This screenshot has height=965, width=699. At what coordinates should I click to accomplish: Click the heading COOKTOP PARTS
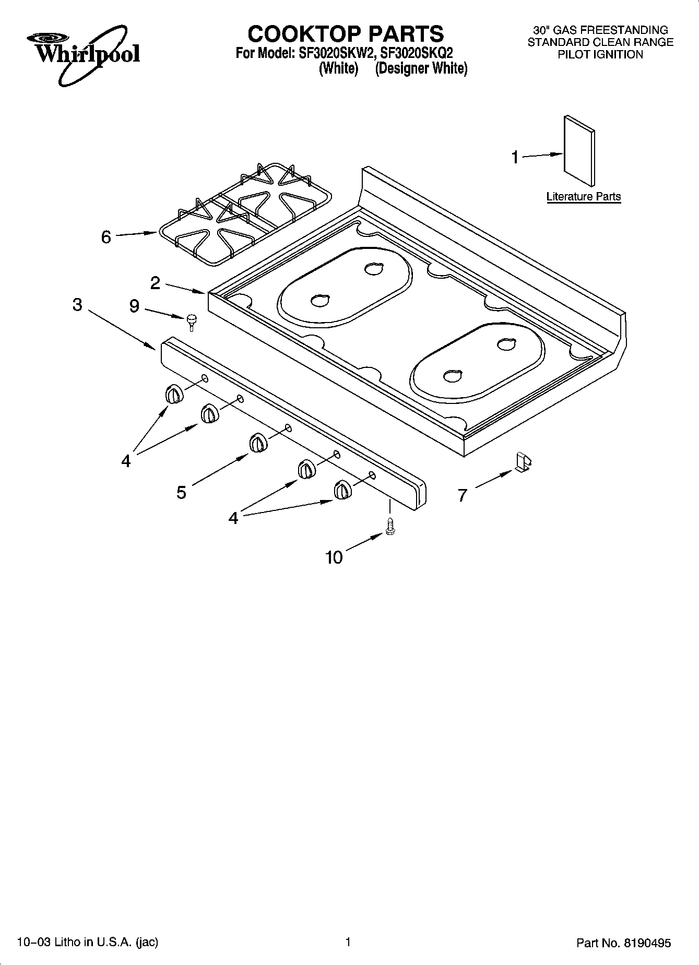pyautogui.click(x=346, y=34)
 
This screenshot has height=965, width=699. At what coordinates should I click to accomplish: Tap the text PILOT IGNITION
pyautogui.click(x=600, y=55)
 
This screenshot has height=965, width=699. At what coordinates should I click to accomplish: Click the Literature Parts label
pyautogui.click(x=583, y=197)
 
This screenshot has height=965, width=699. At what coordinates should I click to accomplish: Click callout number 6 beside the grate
pyautogui.click(x=106, y=237)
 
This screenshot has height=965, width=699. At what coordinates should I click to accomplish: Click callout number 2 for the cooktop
pyautogui.click(x=156, y=283)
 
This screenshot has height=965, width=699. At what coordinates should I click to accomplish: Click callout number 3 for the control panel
pyautogui.click(x=77, y=305)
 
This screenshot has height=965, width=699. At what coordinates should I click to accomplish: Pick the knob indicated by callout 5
pyautogui.click(x=257, y=443)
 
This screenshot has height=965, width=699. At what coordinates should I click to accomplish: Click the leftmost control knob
pyautogui.click(x=174, y=394)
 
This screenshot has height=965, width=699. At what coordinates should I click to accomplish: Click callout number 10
pyautogui.click(x=334, y=557)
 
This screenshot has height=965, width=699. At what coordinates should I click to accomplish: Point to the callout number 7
pyautogui.click(x=462, y=495)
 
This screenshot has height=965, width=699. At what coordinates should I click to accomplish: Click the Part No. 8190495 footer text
pyautogui.click(x=623, y=943)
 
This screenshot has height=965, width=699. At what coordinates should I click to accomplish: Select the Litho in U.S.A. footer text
pyautogui.click(x=88, y=942)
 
